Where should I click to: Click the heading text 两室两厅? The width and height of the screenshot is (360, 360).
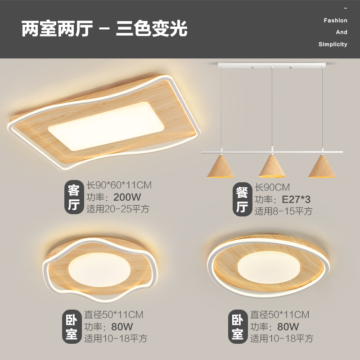(57, 29)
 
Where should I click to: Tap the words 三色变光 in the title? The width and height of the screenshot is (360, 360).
(152, 29)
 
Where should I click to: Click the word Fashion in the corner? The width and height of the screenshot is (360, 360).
(335, 21)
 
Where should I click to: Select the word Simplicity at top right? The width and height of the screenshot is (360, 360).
(333, 45)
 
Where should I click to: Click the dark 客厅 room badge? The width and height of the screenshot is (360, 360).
(73, 197)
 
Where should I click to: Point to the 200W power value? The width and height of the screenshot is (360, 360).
(128, 197)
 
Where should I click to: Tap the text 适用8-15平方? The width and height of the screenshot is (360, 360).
(283, 211)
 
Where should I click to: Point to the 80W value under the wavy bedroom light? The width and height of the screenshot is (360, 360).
(122, 327)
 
